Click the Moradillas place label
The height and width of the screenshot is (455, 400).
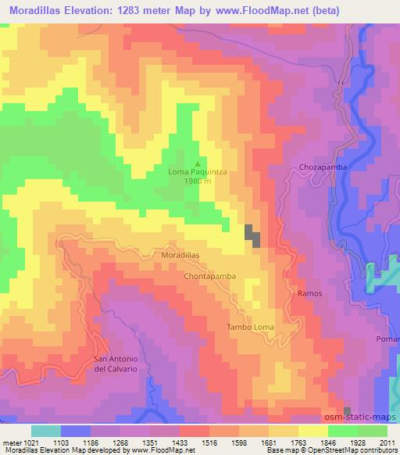click(x=180, y=256)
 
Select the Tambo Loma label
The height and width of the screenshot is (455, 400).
click(x=250, y=327)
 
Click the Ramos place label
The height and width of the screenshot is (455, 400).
click(x=309, y=292)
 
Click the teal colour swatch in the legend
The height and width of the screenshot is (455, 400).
click(x=45, y=431)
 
